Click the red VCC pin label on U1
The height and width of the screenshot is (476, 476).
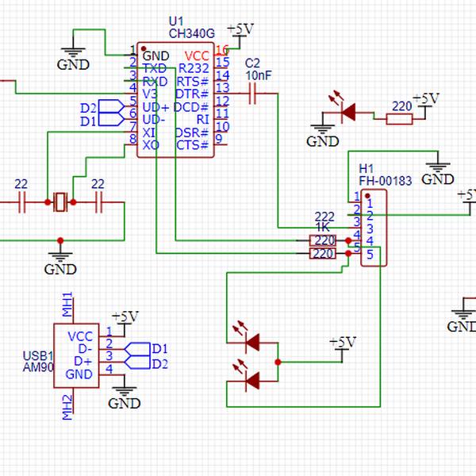point(197,56)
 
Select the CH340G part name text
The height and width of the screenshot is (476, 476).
point(191,33)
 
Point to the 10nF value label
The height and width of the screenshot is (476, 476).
point(258,75)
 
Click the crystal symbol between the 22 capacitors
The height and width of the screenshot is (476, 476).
point(61,204)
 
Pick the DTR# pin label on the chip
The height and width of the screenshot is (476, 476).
point(192,94)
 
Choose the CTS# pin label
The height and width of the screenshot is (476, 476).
point(192,144)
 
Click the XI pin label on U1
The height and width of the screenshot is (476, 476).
point(149,132)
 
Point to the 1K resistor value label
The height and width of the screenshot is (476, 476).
point(324,227)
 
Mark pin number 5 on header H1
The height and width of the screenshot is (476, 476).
point(369,254)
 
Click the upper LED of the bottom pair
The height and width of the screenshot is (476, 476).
point(253,342)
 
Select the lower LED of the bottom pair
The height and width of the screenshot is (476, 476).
point(253,382)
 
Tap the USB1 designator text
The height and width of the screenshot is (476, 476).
point(37,356)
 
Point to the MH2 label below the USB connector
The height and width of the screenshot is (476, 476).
point(67,406)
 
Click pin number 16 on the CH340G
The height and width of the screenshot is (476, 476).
point(222,50)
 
